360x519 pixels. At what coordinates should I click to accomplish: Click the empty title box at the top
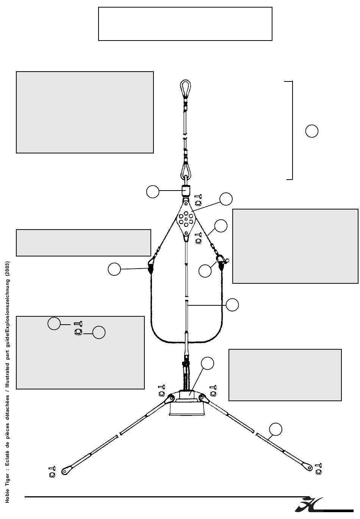pos(185,23)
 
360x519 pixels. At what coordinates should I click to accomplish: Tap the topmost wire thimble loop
pos(185,88)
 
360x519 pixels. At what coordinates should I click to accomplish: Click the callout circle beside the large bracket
pos(311,131)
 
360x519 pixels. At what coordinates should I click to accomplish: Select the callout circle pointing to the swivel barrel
pos(153,192)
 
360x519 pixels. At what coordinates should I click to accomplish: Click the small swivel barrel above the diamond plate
pos(186,190)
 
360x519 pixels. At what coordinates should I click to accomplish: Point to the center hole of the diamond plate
pos(186,219)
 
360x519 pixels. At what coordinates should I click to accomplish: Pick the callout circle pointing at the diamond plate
pos(226,199)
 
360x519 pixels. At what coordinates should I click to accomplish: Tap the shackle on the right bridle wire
pos(221,261)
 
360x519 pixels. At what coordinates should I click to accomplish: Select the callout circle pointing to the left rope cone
pos(114,269)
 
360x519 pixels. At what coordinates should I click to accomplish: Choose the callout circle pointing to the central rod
pos(232,305)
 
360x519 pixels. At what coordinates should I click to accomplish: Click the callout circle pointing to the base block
pos(207,363)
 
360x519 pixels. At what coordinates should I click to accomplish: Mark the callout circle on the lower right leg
pos(275,429)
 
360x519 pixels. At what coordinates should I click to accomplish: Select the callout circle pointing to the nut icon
pos(99,333)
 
